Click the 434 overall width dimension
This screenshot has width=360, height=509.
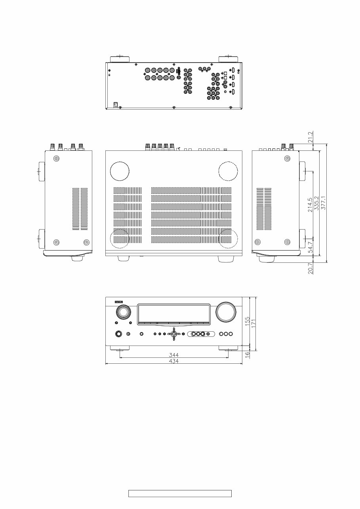pos(174,361)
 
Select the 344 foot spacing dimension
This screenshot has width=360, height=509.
pos(174,355)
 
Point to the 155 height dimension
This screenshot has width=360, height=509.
pos(248,321)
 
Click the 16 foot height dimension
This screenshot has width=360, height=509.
pos(248,355)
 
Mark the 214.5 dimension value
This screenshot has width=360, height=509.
pos(310,204)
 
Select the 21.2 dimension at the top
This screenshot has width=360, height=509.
pos(310,137)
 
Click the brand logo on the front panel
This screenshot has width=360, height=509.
pos(119,302)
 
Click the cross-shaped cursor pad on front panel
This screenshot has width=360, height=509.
pos(173,334)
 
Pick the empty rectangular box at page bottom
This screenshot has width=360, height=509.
pos(179,494)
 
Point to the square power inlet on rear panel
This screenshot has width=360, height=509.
pos(116,105)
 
